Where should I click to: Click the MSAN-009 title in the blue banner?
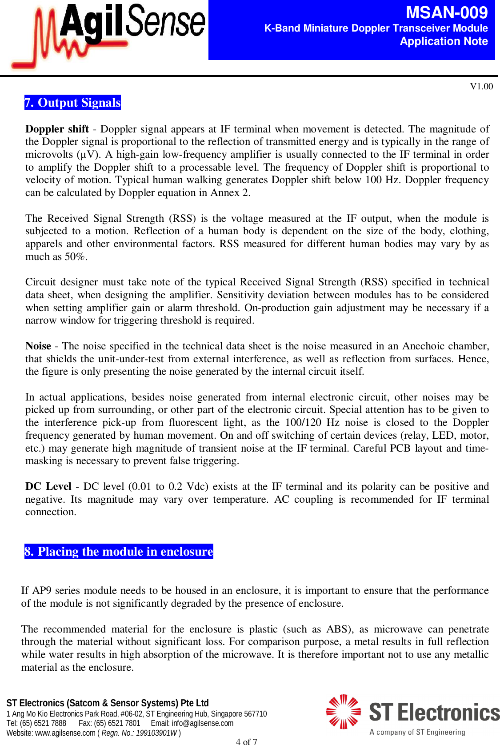tap(446, 12)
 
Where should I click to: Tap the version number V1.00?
tap(481, 86)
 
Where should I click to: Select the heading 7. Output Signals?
tap(72, 103)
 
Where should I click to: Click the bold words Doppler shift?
tap(57, 129)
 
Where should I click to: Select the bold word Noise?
tap(38, 346)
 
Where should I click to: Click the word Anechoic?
tap(423, 346)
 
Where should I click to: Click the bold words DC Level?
tap(48, 486)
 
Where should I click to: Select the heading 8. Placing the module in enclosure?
tap(119, 552)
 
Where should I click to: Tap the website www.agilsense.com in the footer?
tap(65, 733)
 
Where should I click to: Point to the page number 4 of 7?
tap(246, 741)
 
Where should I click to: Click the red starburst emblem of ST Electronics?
tap(343, 712)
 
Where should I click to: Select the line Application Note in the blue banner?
tap(444, 41)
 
